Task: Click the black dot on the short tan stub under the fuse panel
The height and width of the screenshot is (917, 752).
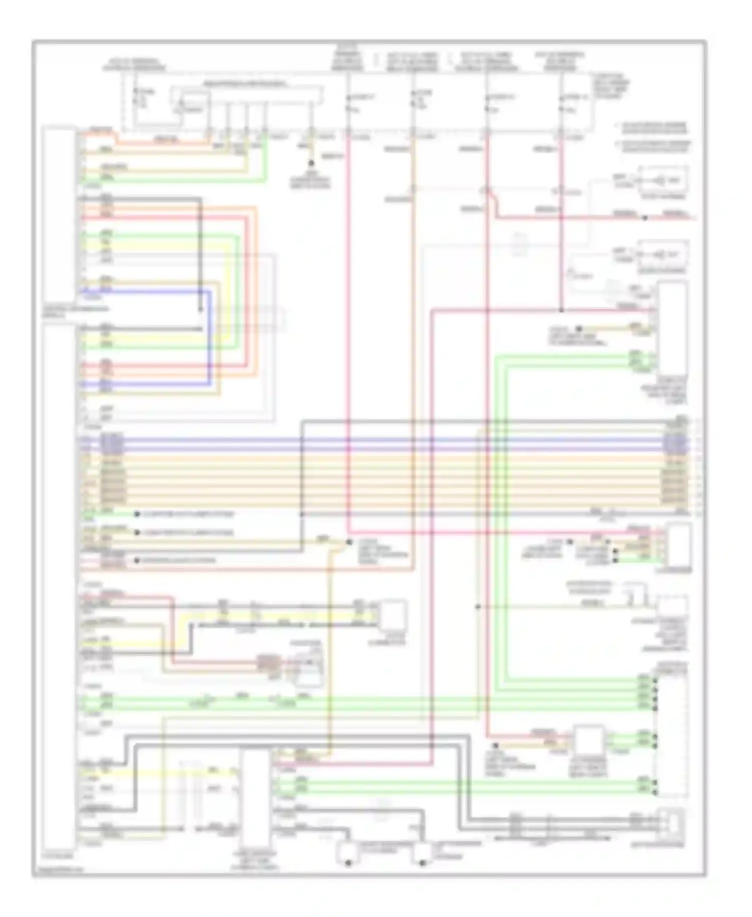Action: coord(311,163)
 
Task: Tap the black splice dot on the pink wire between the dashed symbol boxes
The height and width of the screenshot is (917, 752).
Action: coord(645,218)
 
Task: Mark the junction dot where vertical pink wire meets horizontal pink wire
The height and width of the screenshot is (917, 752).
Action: coord(561,311)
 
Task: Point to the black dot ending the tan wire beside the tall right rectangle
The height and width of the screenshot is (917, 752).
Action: coord(579,329)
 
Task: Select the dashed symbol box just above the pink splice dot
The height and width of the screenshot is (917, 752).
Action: coord(662,180)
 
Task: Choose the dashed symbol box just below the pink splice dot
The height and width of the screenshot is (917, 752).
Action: coord(662,254)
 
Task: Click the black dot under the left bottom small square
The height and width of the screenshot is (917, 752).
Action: coord(348,863)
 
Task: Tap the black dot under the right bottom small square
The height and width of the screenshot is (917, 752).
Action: coord(422,863)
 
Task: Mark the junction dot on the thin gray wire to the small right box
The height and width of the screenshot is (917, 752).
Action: coord(478,606)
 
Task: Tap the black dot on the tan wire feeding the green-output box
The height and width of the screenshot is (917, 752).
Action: coord(495,746)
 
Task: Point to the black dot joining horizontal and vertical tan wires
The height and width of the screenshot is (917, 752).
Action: coord(349,543)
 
